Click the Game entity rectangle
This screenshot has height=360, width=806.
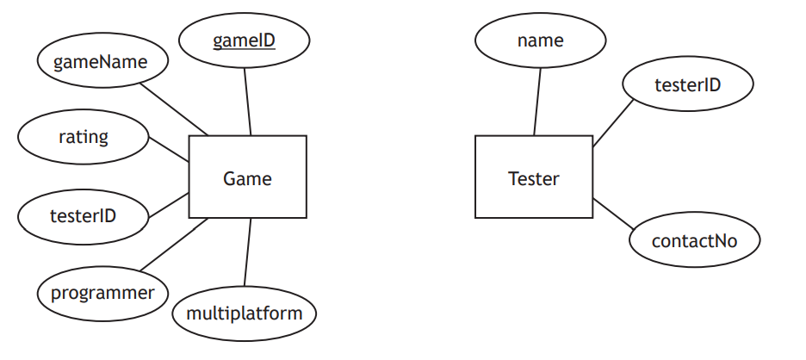247,177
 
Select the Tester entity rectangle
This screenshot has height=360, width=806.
534,177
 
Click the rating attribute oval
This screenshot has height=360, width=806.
84,136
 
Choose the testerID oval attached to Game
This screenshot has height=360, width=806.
83,214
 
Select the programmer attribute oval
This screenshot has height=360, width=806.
102,292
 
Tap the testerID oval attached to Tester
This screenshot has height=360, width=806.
687,84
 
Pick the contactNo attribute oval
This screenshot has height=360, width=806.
694,240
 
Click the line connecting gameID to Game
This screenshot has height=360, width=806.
247,101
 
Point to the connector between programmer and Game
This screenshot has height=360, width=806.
173,244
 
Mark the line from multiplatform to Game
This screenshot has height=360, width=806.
248,252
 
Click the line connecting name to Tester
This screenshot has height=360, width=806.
537,101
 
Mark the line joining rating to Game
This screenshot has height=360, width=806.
169,148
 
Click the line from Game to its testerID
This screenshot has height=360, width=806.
169,205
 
